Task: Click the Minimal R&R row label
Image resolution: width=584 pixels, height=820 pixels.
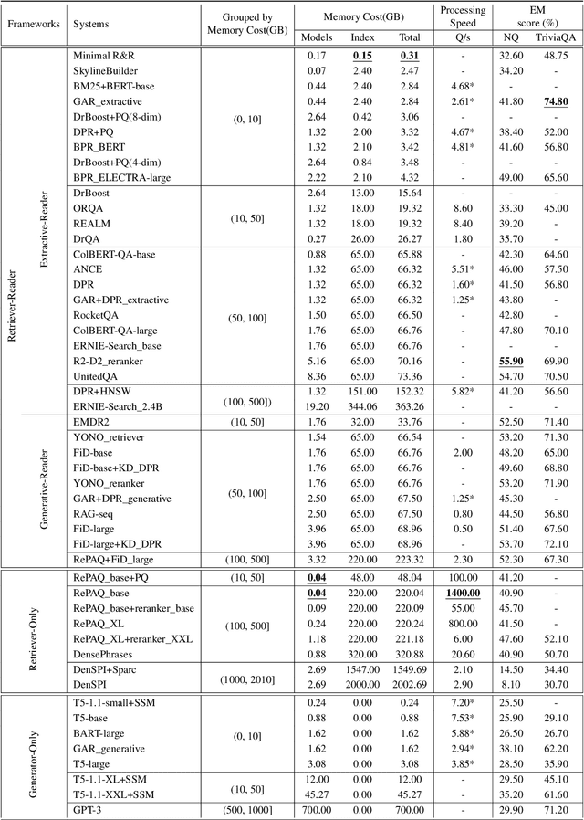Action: [102, 56]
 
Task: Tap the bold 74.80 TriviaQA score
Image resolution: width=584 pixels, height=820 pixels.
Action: [556, 103]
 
